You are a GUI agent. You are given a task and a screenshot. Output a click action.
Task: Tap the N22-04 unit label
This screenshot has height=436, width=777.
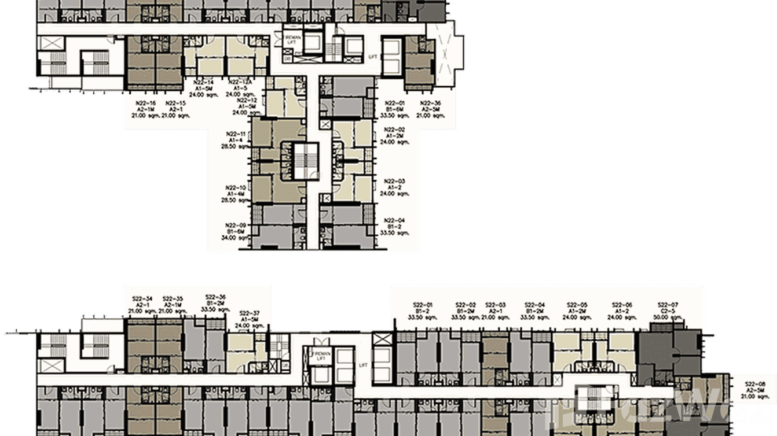pos(394,220)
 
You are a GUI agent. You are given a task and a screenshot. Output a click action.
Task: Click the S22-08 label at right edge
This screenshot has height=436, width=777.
pos(754,383)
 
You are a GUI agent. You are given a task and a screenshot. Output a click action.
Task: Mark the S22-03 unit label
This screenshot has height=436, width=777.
pos(496,305)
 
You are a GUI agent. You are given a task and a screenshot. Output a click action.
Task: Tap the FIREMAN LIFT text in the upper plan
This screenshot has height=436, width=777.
pos(291,39)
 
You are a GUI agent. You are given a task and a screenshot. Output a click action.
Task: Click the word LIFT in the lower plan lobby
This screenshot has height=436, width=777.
pos(363,365)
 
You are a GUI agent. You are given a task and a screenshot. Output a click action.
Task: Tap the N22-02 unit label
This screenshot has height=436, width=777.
pos(394,130)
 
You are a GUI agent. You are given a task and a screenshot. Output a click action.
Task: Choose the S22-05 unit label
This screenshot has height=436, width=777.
pos(577,305)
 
